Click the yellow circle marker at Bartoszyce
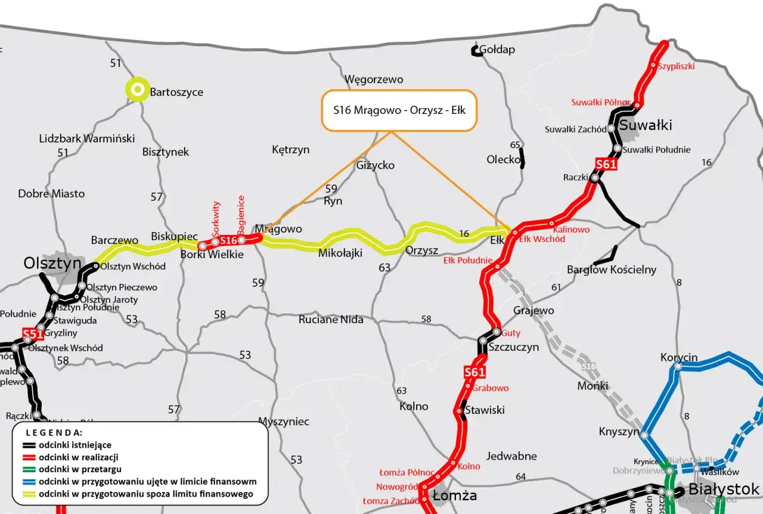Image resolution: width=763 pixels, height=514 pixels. (138, 89)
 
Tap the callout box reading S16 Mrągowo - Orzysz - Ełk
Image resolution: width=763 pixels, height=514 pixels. (399, 110)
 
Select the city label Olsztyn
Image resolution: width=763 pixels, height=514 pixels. (52, 263)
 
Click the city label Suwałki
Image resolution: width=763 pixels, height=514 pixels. (646, 125)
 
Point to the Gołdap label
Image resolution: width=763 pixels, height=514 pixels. (497, 49)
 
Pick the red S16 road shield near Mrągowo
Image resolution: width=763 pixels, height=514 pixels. (228, 240)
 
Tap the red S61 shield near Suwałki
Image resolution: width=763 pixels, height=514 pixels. (606, 165)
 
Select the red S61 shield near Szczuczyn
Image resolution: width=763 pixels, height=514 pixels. (474, 373)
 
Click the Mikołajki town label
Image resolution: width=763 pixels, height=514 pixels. (340, 253)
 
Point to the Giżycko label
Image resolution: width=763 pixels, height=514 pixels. (375, 165)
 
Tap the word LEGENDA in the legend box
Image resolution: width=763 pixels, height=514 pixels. (54, 432)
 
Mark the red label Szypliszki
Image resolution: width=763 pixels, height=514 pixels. (676, 66)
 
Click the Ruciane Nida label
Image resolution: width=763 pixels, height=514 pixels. (331, 320)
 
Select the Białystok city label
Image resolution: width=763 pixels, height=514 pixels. (724, 489)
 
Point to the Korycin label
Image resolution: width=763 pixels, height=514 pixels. (678, 358)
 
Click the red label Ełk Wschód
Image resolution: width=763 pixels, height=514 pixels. (542, 239)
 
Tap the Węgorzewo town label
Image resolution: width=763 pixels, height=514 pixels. (374, 79)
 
